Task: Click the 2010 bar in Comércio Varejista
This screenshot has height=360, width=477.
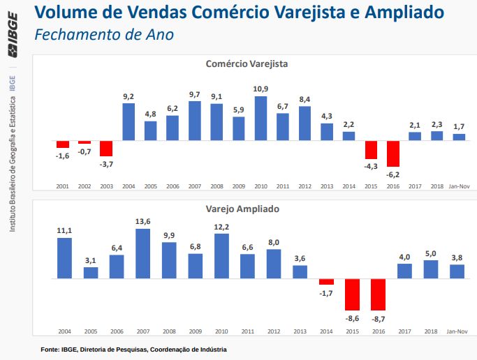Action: [x=260, y=119]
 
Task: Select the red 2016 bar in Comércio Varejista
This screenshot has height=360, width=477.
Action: [x=393, y=153]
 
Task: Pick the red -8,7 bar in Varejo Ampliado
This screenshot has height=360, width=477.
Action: [x=379, y=294]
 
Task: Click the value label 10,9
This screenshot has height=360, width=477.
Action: [x=260, y=89]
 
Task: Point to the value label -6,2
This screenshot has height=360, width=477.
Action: [x=393, y=173]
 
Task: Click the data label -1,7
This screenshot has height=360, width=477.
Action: [x=326, y=293]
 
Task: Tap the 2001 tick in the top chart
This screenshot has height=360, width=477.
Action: [x=63, y=187]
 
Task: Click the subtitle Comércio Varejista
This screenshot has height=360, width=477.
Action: [x=247, y=63]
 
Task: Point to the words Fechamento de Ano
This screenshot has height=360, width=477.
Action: [x=104, y=34]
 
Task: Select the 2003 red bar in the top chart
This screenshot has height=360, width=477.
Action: [x=106, y=148]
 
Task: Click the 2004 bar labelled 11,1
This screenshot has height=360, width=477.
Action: [x=64, y=258]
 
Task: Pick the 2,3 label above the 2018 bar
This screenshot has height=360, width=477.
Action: [x=437, y=124]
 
